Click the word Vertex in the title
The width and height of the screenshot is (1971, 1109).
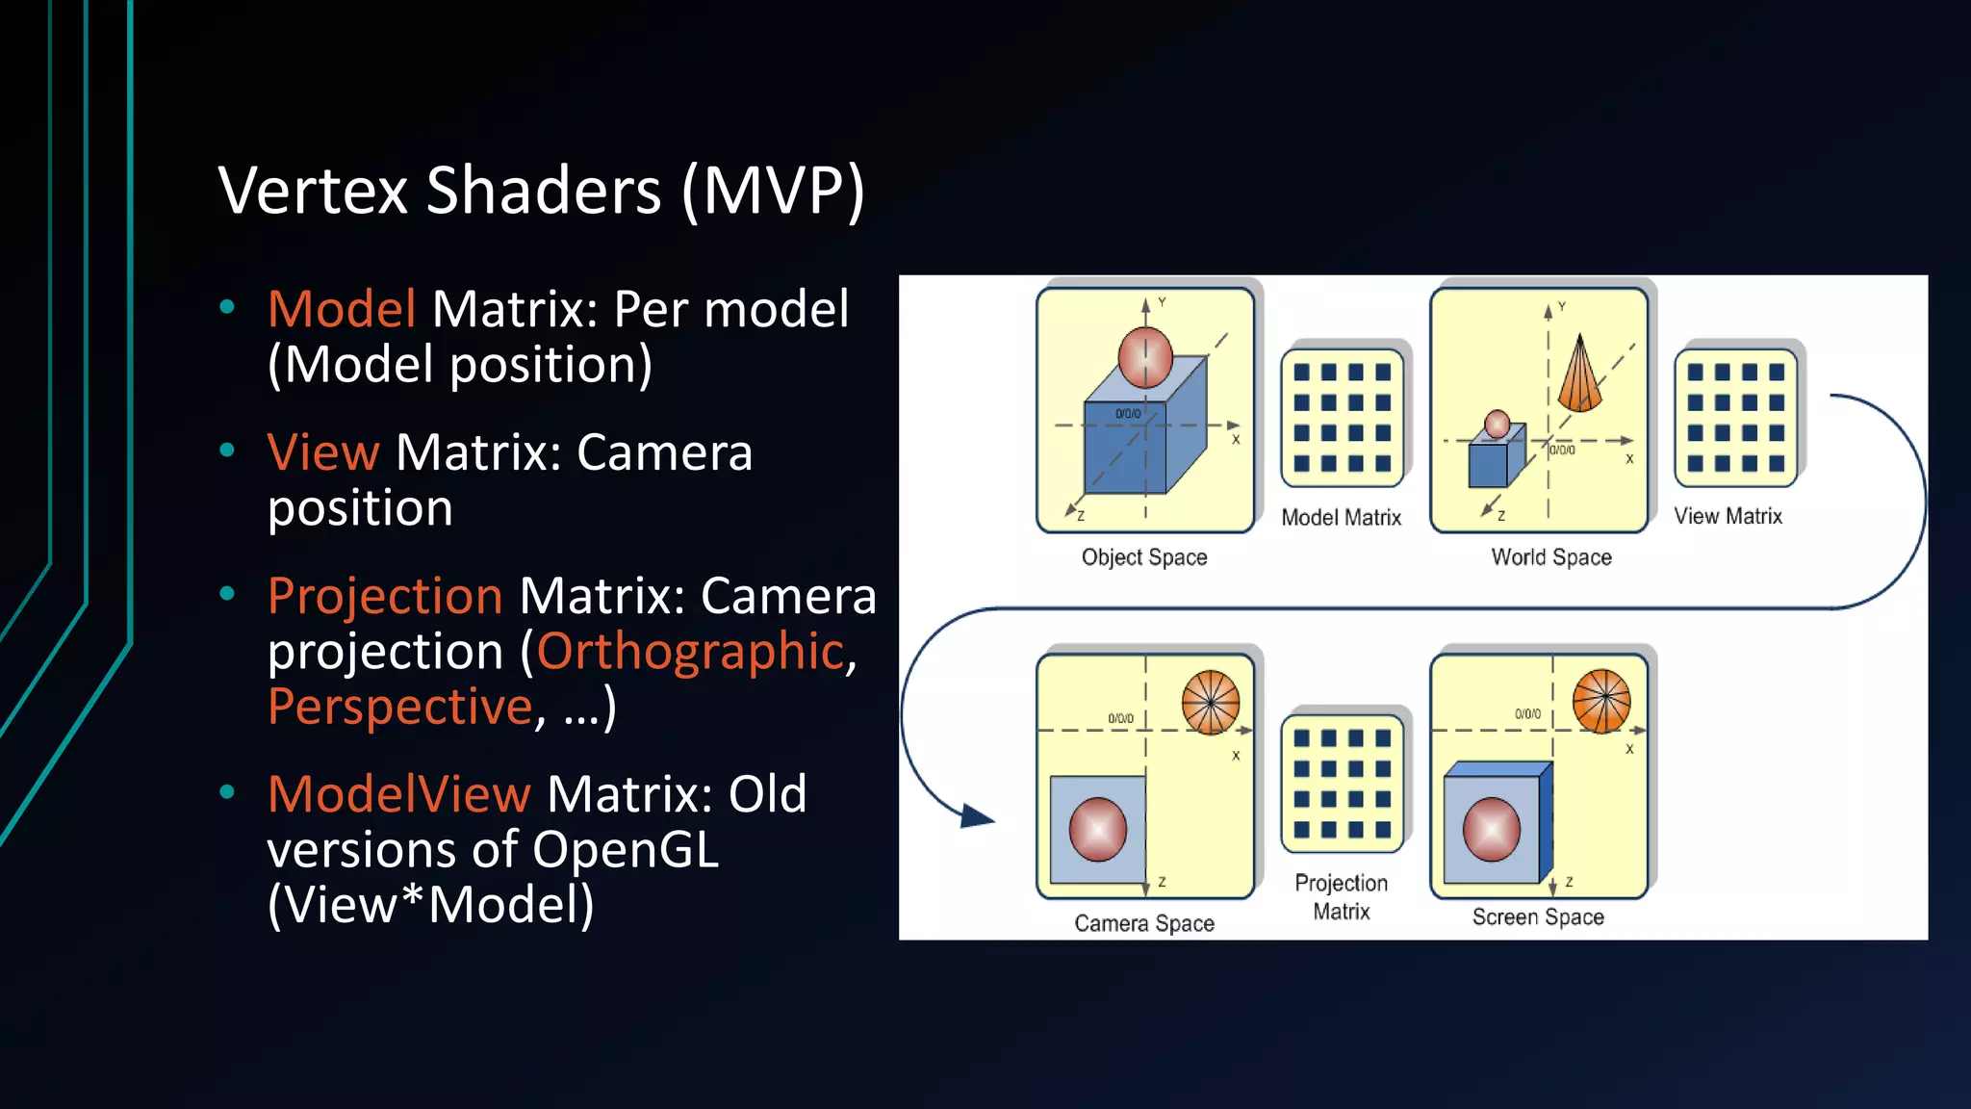pyautogui.click(x=314, y=191)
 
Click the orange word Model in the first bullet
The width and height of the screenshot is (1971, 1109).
pyautogui.click(x=342, y=310)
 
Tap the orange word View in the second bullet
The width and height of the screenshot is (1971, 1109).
pyautogui.click(x=323, y=452)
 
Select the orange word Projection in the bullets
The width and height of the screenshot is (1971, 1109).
pyautogui.click(x=385, y=596)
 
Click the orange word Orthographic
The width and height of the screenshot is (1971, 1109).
pyautogui.click(x=690, y=652)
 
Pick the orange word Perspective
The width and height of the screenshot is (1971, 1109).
pyautogui.click(x=399, y=707)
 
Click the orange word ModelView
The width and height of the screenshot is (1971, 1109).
pyautogui.click(x=398, y=795)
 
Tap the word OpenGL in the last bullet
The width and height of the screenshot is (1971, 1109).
pyautogui.click(x=626, y=851)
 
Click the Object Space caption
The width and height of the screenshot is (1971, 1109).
pyautogui.click(x=1143, y=557)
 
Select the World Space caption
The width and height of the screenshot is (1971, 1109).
pyautogui.click(x=1550, y=557)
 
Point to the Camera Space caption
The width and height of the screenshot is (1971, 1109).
pyautogui.click(x=1143, y=923)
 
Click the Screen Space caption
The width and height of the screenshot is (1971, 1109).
pyautogui.click(x=1537, y=917)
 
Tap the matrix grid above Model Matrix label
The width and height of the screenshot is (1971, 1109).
pyautogui.click(x=1342, y=418)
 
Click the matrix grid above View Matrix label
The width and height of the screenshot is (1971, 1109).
pyautogui.click(x=1735, y=418)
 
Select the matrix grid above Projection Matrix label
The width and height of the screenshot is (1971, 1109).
pyautogui.click(x=1342, y=784)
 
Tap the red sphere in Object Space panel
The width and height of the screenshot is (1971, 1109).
pyautogui.click(x=1145, y=357)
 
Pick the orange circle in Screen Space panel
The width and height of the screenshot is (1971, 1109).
pyautogui.click(x=1601, y=701)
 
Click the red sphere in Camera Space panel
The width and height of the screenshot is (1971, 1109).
pyautogui.click(x=1097, y=829)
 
